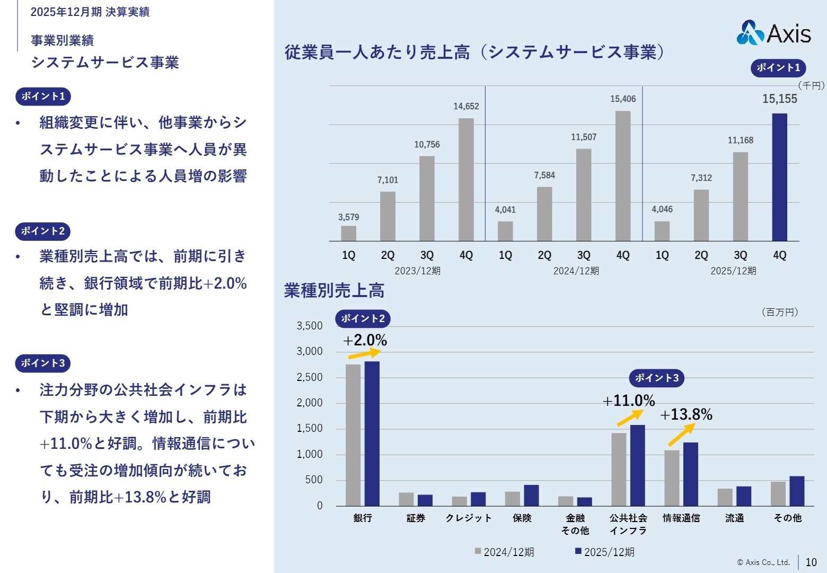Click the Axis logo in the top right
click(x=773, y=33)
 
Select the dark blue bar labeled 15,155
click(x=779, y=177)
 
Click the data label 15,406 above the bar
click(x=622, y=99)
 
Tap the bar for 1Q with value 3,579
click(x=348, y=233)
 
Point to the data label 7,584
click(x=544, y=176)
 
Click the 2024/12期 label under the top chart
click(x=576, y=271)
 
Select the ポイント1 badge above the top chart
click(x=778, y=67)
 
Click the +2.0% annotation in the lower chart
click(x=365, y=340)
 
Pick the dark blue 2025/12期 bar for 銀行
click(x=372, y=433)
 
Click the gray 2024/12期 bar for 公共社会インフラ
click(x=618, y=470)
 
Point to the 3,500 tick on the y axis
click(x=310, y=326)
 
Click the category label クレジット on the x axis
click(x=469, y=518)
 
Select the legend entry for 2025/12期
click(x=604, y=552)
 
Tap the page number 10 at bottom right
click(x=811, y=562)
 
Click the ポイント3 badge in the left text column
click(x=43, y=363)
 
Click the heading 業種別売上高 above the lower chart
click(x=334, y=291)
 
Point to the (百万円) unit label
click(x=779, y=312)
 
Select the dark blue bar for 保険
click(x=531, y=496)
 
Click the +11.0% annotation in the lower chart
click(x=629, y=401)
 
